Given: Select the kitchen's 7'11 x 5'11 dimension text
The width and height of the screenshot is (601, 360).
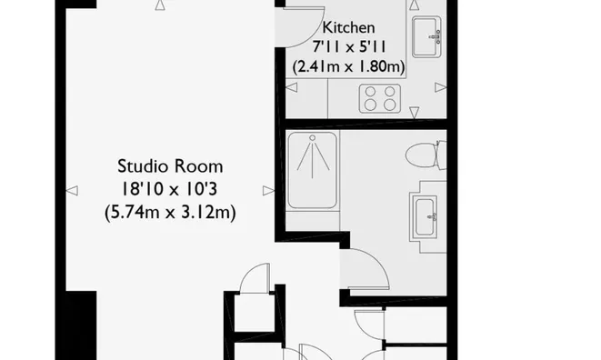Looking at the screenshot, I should (348, 48).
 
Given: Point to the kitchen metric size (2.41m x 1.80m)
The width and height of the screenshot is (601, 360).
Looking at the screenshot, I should (348, 67).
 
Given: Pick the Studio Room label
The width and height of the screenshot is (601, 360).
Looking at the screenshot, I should (170, 166).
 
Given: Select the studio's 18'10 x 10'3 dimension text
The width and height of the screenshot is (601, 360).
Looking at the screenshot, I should (170, 190).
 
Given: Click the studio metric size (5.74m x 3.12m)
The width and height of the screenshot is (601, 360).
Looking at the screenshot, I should (170, 214).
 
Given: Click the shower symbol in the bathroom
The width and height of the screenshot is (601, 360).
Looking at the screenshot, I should (313, 158).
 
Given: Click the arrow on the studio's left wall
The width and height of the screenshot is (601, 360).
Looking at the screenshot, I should (72, 190).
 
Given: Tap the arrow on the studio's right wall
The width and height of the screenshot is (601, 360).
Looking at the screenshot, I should (267, 190).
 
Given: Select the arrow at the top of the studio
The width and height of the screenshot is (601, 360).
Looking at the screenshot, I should (161, 5).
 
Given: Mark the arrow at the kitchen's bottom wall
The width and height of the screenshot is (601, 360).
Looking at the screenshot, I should (414, 113).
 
